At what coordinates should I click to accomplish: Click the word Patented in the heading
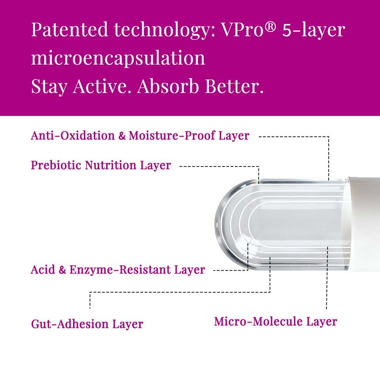(x=70, y=29)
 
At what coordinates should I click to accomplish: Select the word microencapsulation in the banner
(x=118, y=59)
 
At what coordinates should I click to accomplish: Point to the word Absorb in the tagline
(x=168, y=86)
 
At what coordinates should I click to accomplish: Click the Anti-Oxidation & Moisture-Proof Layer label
(x=140, y=135)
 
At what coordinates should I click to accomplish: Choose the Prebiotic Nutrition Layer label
(x=101, y=165)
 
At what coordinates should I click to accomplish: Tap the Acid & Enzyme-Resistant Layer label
(x=118, y=269)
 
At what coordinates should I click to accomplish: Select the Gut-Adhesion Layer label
(x=87, y=324)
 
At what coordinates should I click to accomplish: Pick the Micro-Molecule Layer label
(x=276, y=322)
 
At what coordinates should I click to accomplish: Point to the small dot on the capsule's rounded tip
(x=216, y=224)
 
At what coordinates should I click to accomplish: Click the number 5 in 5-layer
(x=287, y=30)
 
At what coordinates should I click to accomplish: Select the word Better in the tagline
(x=234, y=86)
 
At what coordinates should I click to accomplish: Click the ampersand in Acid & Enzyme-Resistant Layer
(x=62, y=269)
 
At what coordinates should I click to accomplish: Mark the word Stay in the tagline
(x=49, y=87)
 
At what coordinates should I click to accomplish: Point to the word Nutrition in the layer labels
(x=111, y=165)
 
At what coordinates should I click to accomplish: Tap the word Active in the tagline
(x=100, y=86)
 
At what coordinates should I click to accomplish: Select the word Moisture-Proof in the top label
(x=172, y=135)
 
